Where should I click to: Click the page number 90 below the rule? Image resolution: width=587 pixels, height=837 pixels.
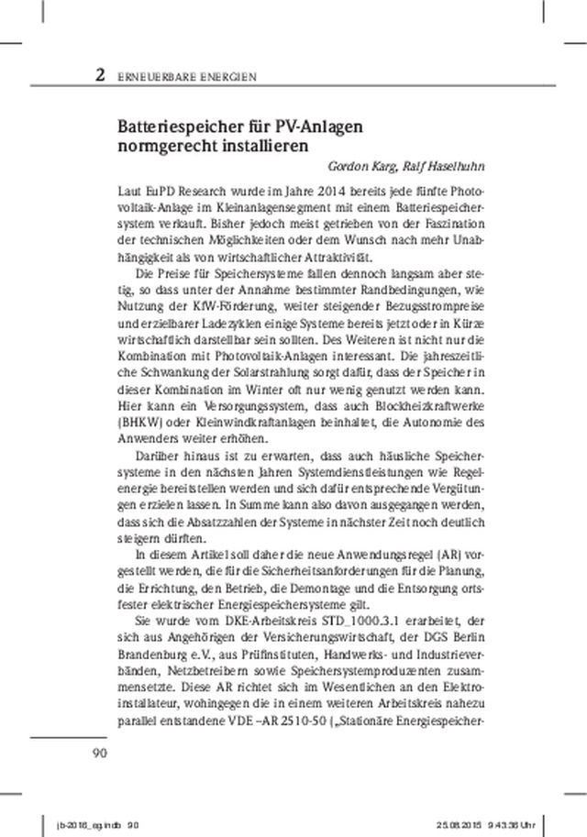click(x=99, y=754)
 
